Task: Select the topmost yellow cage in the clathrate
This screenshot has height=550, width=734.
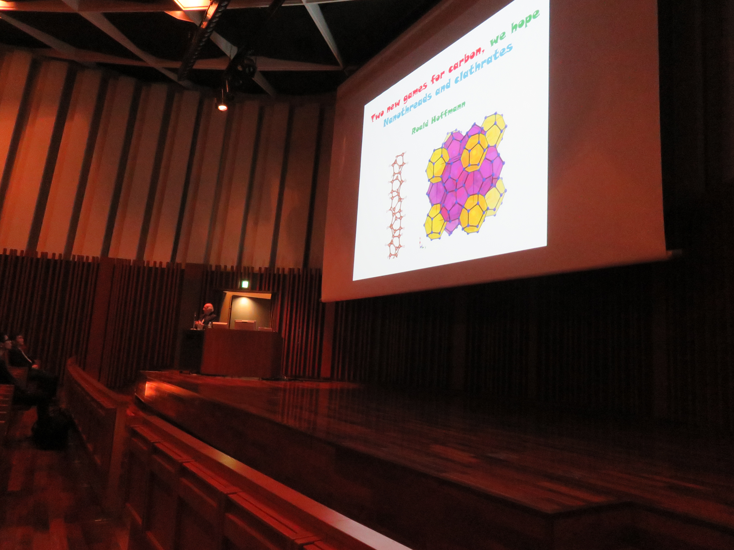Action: [494, 128]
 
